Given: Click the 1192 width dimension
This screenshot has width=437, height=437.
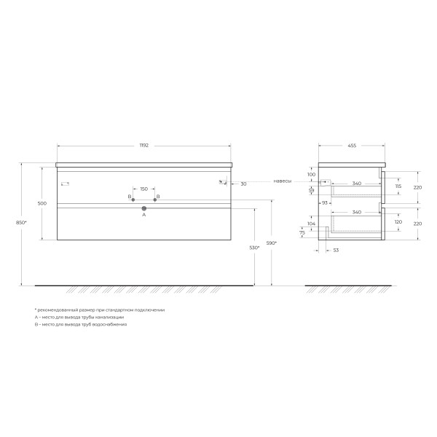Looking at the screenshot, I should (x=143, y=146).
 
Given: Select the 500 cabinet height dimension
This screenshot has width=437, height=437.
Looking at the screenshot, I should (x=42, y=203).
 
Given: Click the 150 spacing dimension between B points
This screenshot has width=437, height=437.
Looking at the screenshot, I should (x=143, y=189).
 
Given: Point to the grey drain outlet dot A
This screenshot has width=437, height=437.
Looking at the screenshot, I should (x=143, y=208).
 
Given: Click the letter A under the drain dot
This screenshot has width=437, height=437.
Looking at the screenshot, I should (x=143, y=216).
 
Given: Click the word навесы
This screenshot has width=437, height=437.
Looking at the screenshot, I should (x=283, y=181).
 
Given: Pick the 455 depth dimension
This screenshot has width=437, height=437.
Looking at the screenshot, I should (x=351, y=146).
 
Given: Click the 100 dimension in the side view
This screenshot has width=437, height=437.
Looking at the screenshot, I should (x=311, y=175).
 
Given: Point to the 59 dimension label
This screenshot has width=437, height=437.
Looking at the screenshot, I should (x=312, y=190).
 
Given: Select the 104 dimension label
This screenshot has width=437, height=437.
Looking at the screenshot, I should (x=312, y=225).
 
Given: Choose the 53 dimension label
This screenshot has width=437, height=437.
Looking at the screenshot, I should (x=336, y=250).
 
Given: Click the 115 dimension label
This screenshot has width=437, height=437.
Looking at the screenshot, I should (x=398, y=186).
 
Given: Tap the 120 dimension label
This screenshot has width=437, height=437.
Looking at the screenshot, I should (x=398, y=221).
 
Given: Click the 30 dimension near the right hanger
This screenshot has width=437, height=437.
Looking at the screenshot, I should (x=243, y=184).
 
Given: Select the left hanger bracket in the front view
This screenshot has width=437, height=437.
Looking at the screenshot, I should (x=64, y=182).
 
